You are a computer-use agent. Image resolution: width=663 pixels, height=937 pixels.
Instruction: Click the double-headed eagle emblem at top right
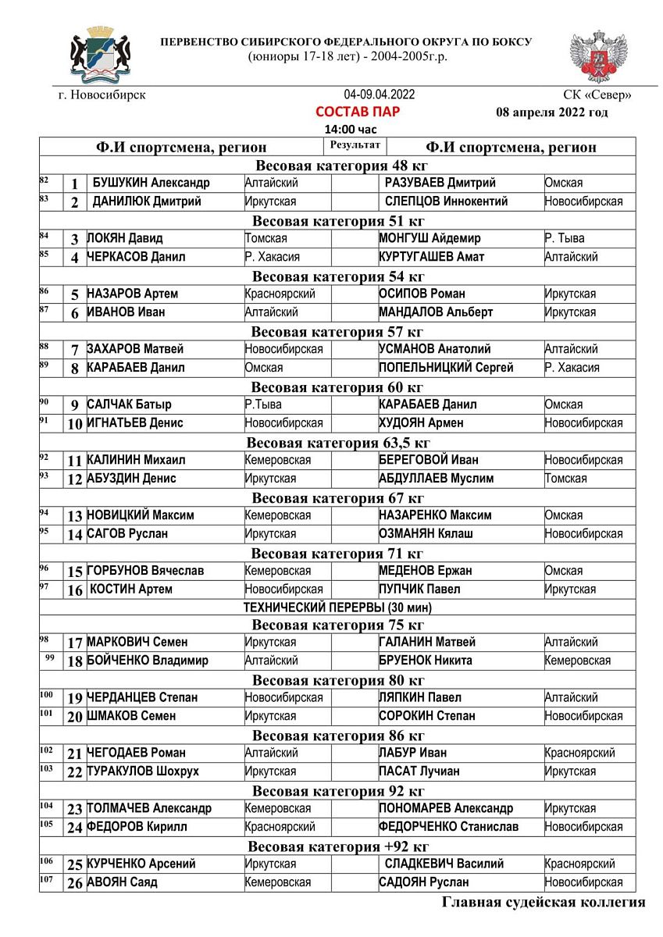coord(598,57)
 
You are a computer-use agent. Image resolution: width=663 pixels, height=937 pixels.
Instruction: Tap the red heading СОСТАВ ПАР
coord(358,112)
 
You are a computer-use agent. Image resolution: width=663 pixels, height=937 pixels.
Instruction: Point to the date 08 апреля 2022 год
coord(551,112)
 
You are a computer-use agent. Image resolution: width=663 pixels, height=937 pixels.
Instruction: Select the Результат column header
coord(355,145)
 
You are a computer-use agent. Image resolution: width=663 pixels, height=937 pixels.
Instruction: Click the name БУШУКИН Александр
coord(151,183)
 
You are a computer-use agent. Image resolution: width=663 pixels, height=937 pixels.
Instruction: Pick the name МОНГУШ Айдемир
coord(430,238)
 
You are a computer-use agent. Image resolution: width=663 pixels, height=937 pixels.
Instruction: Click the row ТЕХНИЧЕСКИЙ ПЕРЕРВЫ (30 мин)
coord(337,607)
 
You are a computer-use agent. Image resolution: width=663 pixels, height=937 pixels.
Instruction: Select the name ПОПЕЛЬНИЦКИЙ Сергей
coord(446,368)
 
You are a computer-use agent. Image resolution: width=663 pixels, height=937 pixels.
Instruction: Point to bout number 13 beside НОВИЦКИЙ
coord(75,516)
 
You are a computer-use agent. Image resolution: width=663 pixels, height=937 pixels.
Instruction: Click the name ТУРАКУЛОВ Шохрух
coord(143,771)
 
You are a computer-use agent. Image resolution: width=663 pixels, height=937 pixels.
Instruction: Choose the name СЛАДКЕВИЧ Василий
coord(444,864)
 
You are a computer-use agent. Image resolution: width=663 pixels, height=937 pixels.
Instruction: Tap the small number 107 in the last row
coord(47,880)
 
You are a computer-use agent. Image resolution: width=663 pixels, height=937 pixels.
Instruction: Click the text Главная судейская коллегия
coord(544,903)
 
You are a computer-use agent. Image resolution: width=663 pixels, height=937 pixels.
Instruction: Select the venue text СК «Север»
coord(597,95)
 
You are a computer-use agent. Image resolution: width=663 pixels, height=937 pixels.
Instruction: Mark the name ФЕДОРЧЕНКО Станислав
coord(449,827)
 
